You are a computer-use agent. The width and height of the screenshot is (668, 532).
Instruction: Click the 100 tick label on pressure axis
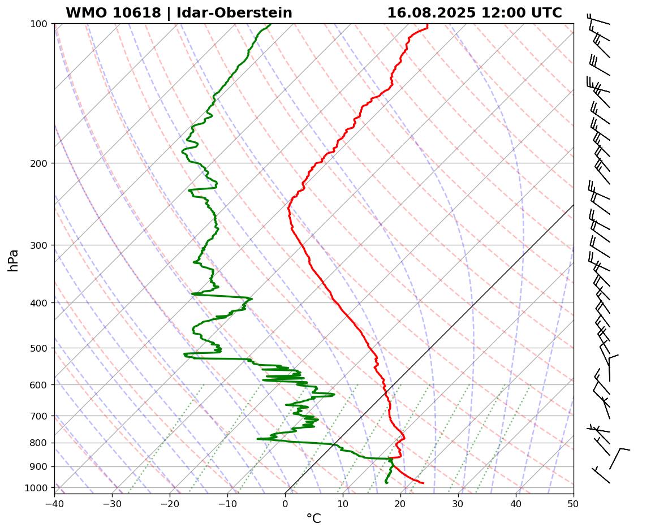[39, 24]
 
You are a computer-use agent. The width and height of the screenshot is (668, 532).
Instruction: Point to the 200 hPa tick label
[39, 163]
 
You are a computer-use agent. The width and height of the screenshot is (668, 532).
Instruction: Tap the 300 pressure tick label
[39, 245]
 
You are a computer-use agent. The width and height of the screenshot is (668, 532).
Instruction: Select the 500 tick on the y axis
[39, 348]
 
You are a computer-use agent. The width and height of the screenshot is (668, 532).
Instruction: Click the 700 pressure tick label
[39, 416]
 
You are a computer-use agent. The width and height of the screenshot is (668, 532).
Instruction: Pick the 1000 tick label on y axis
[37, 488]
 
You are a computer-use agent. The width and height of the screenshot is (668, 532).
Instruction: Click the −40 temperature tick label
[54, 504]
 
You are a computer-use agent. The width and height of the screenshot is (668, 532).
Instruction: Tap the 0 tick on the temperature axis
[285, 504]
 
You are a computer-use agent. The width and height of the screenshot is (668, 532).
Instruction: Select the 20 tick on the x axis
[400, 504]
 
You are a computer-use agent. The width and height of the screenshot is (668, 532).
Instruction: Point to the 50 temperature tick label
[574, 504]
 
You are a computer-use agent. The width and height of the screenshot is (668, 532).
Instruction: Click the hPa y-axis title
[13, 260]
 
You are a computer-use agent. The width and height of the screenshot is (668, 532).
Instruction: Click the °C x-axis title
[314, 518]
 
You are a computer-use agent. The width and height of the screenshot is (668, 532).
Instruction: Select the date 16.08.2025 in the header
[431, 13]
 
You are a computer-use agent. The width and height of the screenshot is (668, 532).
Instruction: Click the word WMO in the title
[88, 13]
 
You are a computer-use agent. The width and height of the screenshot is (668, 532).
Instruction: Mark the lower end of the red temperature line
[423, 483]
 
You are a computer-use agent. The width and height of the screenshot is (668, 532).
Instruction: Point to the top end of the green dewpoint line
[270, 24]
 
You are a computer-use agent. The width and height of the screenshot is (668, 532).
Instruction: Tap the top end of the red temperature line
[427, 25]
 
